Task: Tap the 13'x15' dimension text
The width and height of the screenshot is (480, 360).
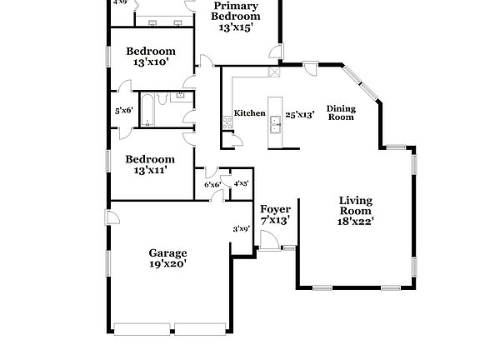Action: pyautogui.click(x=235, y=27)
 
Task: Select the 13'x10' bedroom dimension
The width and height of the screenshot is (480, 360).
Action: pyautogui.click(x=150, y=62)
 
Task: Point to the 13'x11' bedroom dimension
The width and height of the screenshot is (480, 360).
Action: pyautogui.click(x=150, y=169)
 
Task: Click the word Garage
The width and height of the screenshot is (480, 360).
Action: pyautogui.click(x=167, y=252)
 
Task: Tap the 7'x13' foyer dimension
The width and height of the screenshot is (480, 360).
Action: pyautogui.click(x=274, y=221)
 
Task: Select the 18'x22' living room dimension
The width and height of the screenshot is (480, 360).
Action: pyautogui.click(x=355, y=221)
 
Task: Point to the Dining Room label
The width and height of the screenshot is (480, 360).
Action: pyautogui.click(x=340, y=112)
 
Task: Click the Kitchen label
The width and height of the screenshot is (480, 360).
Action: pyautogui.click(x=249, y=113)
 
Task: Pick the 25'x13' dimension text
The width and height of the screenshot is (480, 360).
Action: pyautogui.click(x=299, y=115)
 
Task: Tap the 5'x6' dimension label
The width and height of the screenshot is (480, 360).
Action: pyautogui.click(x=124, y=110)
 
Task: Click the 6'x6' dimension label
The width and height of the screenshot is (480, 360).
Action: pyautogui.click(x=212, y=184)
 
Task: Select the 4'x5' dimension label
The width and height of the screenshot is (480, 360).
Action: pyautogui.click(x=242, y=183)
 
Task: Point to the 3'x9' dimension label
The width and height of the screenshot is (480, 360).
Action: pyautogui.click(x=242, y=228)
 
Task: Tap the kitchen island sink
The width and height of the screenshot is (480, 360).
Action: pyautogui.click(x=273, y=127)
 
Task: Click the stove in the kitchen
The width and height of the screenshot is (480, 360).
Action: pyautogui.click(x=226, y=123)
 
